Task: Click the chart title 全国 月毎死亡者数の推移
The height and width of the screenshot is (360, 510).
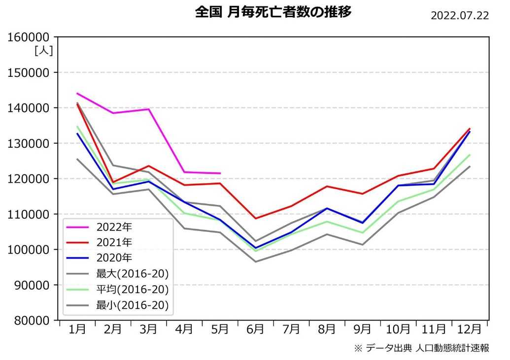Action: [273, 12]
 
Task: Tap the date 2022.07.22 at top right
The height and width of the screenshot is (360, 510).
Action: [459, 15]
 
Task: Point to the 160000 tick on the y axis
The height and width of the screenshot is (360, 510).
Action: [30, 37]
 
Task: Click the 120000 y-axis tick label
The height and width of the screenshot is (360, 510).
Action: [30, 179]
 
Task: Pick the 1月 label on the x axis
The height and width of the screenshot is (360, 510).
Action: [77, 329]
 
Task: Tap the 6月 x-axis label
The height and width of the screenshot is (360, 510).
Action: [255, 329]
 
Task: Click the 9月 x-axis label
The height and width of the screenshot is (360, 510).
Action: [362, 329]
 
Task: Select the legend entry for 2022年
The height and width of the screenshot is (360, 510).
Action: [115, 228]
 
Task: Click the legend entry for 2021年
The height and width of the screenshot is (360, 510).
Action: [115, 242]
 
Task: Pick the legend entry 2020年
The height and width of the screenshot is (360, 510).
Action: [115, 257]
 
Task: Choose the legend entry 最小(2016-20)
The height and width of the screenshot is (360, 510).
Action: [132, 305]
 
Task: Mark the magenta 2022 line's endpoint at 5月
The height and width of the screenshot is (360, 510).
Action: [220, 173]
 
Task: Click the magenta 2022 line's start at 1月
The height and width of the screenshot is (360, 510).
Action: [77, 93]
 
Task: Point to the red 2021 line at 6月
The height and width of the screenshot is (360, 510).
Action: [255, 218]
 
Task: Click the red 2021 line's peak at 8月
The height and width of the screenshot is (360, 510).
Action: [327, 186]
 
